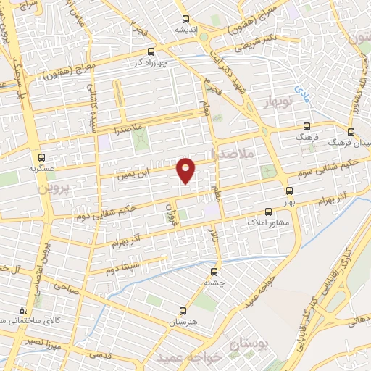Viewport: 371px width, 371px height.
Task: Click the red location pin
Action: (186, 169)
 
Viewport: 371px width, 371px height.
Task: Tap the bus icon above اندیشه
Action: (186, 20)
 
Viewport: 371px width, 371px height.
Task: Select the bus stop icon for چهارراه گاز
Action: (151, 51)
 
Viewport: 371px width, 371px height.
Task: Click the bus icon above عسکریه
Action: (41, 156)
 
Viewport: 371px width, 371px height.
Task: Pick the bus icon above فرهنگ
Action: (307, 125)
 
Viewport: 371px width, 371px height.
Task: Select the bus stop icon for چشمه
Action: (213, 272)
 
